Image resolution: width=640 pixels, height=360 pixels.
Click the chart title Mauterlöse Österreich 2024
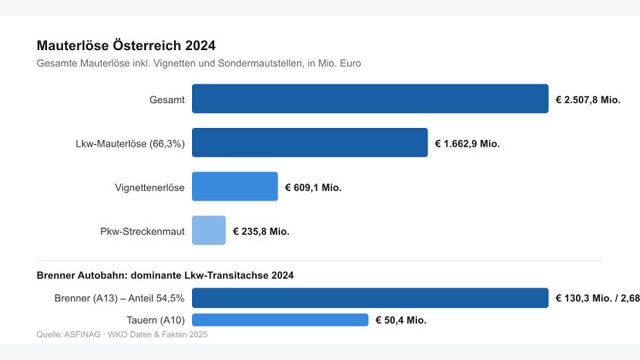pyautogui.click(x=126, y=45)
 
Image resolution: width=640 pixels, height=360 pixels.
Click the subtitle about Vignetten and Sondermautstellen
pyautogui.click(x=199, y=63)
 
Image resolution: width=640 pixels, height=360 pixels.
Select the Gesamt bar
pyautogui.click(x=369, y=99)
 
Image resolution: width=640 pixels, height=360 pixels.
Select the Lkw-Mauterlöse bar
pyautogui.click(x=309, y=143)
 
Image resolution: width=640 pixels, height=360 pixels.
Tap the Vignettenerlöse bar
pyautogui.click(x=234, y=187)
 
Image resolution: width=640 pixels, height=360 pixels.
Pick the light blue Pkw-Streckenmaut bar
pyautogui.click(x=208, y=231)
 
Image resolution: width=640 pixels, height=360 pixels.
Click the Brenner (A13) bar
pyautogui.click(x=369, y=298)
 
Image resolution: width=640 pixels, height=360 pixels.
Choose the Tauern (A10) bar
pyautogui.click(x=279, y=320)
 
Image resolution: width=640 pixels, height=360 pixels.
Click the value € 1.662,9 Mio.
pyautogui.click(x=467, y=143)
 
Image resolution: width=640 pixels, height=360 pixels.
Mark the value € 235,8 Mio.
pyautogui.click(x=261, y=231)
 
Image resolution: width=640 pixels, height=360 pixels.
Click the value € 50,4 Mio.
pyautogui.click(x=401, y=320)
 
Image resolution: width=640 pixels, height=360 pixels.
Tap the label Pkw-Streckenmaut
pyautogui.click(x=142, y=231)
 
